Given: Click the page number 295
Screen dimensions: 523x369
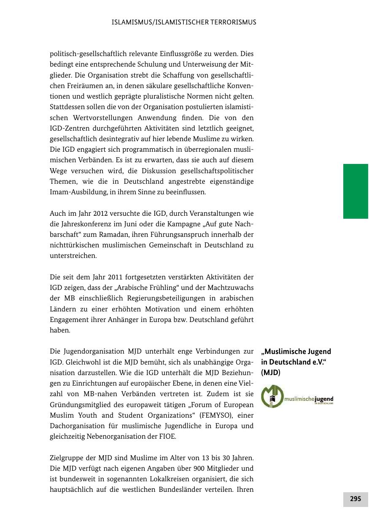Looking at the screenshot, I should (x=356, y=499).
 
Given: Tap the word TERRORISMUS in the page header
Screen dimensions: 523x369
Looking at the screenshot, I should (x=234, y=22).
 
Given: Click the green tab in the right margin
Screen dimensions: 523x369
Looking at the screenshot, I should (x=356, y=191).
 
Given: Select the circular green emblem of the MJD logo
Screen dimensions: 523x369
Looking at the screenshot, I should (x=272, y=397).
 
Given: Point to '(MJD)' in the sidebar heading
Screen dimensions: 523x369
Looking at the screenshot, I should (x=271, y=373).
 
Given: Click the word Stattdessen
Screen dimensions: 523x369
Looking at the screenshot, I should (x=69, y=107).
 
